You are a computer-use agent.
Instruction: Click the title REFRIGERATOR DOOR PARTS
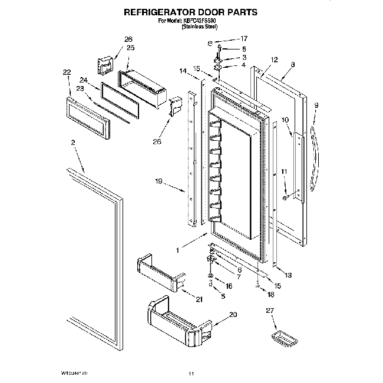coord(191,11)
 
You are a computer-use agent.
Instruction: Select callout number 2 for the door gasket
coord(73,143)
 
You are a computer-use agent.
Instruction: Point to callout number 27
coord(270,310)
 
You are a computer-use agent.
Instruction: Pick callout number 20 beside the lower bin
coord(233,315)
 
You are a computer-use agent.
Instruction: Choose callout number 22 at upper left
coord(67,72)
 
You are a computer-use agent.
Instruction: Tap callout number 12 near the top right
coord(274,60)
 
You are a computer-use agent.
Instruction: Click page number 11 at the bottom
coord(191,372)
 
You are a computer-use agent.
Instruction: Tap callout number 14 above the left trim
coord(183,71)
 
